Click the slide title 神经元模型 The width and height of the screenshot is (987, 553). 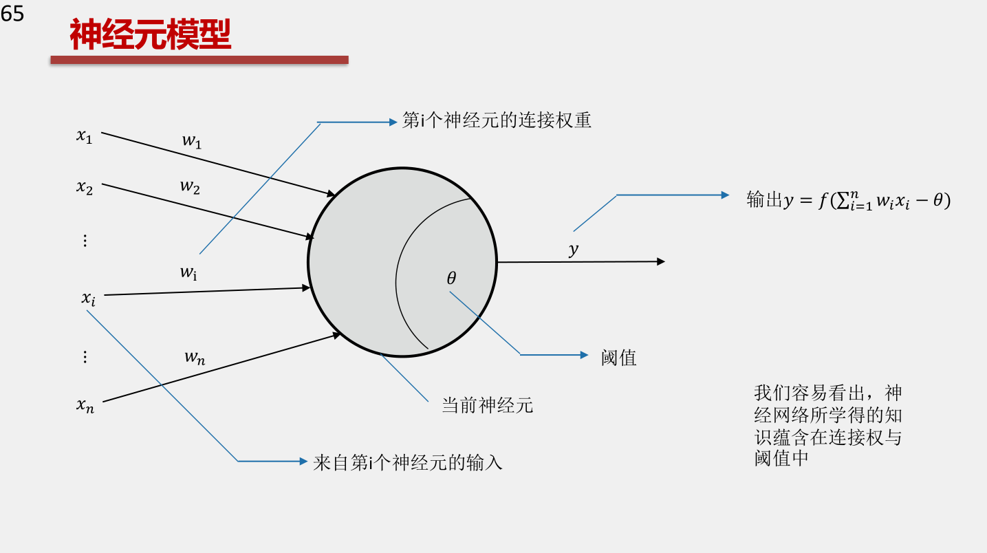tap(150, 34)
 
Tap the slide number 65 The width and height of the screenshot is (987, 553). tap(12, 13)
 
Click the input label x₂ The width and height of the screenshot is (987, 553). tap(84, 187)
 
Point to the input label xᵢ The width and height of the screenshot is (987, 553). tap(88, 299)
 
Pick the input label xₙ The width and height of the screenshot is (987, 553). tap(85, 405)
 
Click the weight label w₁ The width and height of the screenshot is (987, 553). tap(192, 141)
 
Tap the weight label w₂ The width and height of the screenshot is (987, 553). tap(190, 187)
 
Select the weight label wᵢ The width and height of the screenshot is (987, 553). tap(188, 272)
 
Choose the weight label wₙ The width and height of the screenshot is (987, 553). tap(195, 357)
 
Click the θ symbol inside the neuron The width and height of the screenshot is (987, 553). tap(451, 278)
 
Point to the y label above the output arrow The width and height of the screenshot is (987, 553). tap(573, 250)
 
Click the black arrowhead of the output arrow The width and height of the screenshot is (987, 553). tap(661, 262)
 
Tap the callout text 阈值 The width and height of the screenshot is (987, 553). tap(618, 358)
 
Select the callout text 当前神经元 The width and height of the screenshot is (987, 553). tap(488, 405)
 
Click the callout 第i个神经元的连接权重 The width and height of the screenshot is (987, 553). tap(497, 120)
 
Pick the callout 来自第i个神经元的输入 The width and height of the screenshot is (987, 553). tap(408, 463)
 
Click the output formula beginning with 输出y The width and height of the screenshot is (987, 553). tap(849, 200)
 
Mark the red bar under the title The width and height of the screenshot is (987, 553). tap(199, 60)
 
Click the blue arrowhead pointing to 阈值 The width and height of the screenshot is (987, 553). tap(585, 355)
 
